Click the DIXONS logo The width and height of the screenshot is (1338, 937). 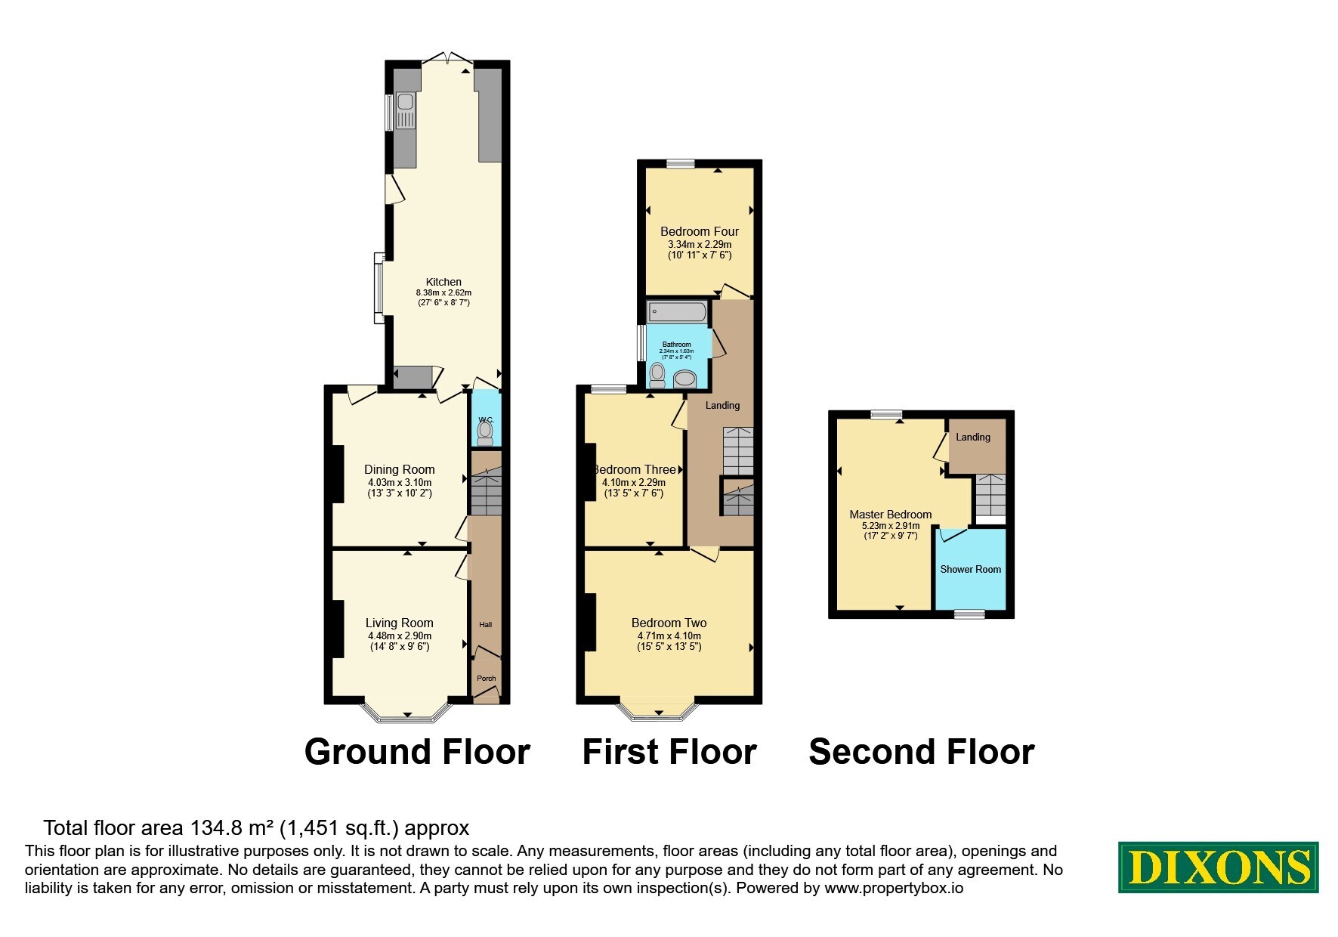click(x=1218, y=867)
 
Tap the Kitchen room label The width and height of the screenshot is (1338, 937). click(x=443, y=282)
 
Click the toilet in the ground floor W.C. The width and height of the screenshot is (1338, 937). click(x=485, y=432)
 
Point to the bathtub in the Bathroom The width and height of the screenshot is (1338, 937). click(x=677, y=311)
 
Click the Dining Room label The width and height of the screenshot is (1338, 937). click(x=400, y=469)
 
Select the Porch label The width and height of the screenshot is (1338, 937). click(x=487, y=678)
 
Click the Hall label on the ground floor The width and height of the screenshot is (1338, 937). click(x=486, y=624)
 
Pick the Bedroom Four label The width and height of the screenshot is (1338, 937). click(x=700, y=231)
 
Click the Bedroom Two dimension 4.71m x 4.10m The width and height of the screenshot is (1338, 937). click(x=669, y=636)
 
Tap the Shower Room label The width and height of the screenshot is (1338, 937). click(x=971, y=569)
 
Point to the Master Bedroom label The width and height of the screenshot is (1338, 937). click(x=891, y=515)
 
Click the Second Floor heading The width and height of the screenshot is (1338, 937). click(x=922, y=752)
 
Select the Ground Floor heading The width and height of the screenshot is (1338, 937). click(x=417, y=752)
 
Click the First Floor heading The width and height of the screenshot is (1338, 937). click(x=669, y=752)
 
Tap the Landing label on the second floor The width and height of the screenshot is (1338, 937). click(x=973, y=437)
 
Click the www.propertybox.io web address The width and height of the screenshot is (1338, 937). click(x=894, y=889)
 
